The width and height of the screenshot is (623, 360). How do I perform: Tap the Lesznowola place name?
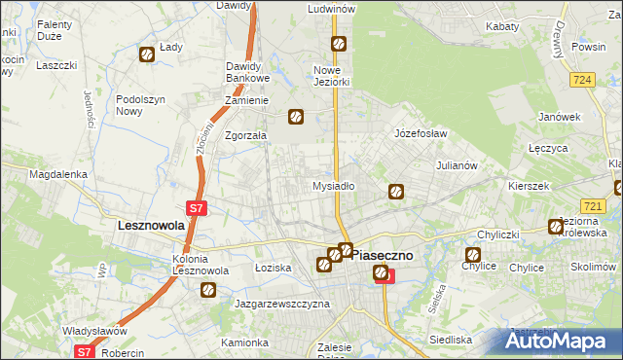click(151, 225)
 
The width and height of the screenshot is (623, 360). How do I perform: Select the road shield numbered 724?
click(583, 80)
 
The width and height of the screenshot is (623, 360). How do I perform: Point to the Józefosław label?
click(420, 132)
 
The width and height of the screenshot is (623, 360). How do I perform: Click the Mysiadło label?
click(333, 185)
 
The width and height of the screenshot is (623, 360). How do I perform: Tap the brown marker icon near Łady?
click(147, 55)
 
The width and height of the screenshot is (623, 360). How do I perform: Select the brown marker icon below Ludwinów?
click(338, 44)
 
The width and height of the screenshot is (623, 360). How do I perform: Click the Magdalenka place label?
click(58, 174)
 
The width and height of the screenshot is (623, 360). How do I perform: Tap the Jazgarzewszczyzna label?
click(282, 304)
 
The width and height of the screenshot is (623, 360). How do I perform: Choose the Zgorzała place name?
click(245, 136)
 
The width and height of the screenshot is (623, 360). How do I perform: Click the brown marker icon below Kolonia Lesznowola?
click(207, 289)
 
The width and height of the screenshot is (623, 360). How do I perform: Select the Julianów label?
click(457, 165)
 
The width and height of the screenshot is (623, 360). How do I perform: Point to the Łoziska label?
click(273, 267)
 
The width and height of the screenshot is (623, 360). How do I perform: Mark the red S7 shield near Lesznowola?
click(196, 207)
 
